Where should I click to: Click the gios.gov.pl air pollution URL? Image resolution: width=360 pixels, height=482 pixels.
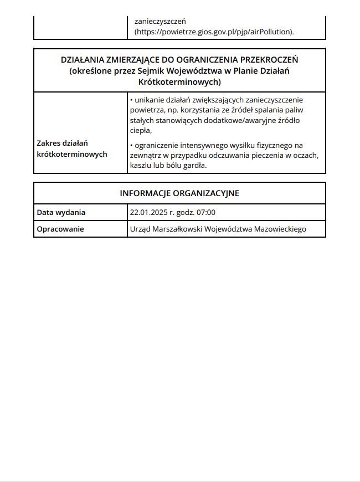pos(214,32)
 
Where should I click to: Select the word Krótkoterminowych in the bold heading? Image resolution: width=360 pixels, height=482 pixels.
pos(179,82)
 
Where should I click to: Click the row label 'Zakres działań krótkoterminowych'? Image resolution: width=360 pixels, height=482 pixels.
pos(71,148)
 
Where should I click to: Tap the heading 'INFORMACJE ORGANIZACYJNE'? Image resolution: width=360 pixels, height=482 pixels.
pos(179,193)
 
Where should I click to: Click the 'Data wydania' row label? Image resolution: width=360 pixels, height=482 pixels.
pos(61,212)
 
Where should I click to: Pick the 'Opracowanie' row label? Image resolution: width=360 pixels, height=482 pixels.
pos(60,229)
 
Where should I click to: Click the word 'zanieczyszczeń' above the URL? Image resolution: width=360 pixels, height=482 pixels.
pos(160,21)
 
